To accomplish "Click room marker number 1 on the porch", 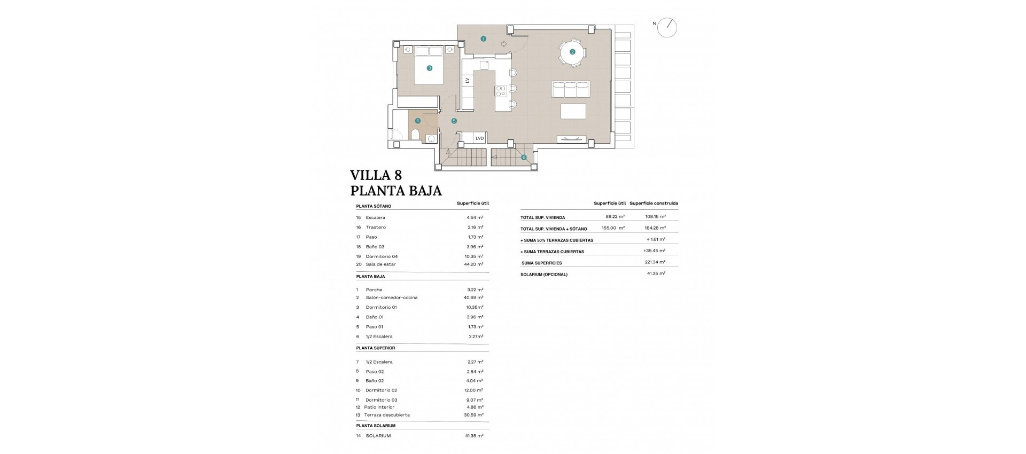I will click(483, 38).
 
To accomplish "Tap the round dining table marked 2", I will click(572, 52).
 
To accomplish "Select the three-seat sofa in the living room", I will click(570, 90).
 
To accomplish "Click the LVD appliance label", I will click(479, 138).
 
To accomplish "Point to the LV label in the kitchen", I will click(468, 80).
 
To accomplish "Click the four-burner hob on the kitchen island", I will click(501, 91).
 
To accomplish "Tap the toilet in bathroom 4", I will click(415, 134).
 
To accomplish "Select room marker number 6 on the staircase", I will click(524, 157).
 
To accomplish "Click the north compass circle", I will click(667, 28).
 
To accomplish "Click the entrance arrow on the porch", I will click(504, 44).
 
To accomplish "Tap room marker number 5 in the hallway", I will click(454, 121).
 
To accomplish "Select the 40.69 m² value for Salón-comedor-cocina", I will click(475, 298).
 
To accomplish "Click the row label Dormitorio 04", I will click(382, 256).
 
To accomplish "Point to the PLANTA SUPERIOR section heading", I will click(376, 348).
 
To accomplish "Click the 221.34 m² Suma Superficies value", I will click(655, 262).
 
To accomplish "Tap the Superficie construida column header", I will click(654, 203).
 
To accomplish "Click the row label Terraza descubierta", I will click(387, 415).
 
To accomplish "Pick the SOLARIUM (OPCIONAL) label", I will click(544, 275).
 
